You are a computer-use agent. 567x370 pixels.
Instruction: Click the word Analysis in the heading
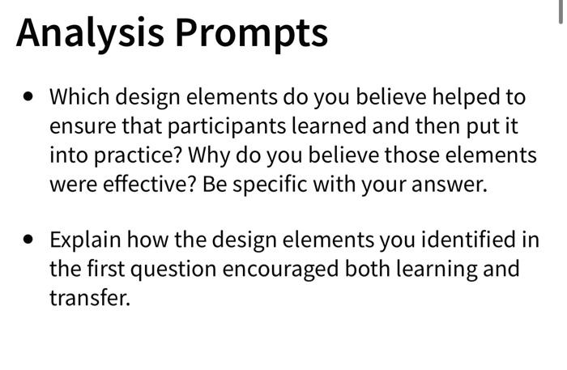(x=88, y=32)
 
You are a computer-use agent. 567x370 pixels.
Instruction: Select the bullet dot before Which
(x=30, y=96)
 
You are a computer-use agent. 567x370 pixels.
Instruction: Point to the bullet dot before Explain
(x=30, y=240)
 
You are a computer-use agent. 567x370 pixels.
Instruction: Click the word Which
(x=78, y=97)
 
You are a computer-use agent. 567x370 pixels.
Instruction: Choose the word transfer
(x=89, y=297)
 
